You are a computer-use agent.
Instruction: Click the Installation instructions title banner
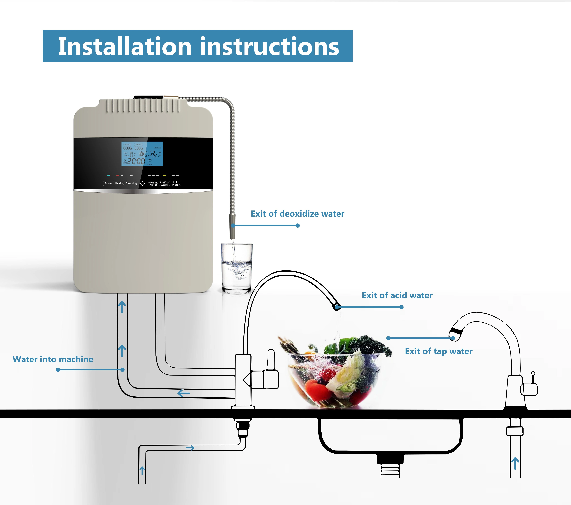[198, 46]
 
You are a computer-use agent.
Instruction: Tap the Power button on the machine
[108, 183]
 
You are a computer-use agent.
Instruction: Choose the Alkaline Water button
[153, 183]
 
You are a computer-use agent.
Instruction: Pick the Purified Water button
[165, 183]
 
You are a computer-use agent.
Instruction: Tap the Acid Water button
[176, 183]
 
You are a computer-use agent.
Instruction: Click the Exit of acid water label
[397, 295]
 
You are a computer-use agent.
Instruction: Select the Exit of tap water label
[439, 351]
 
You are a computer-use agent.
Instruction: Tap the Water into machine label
[53, 359]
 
